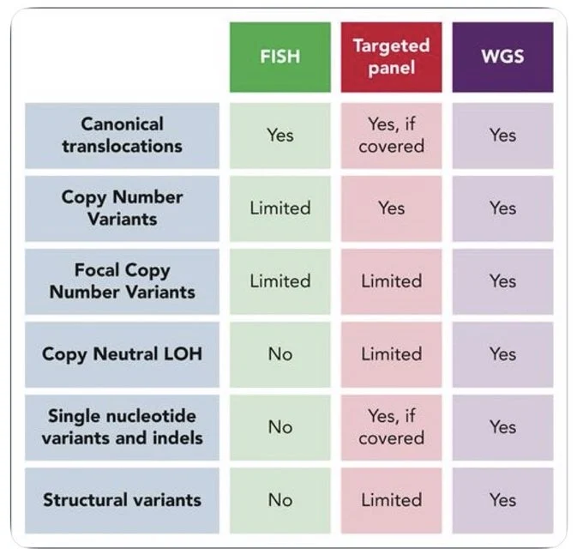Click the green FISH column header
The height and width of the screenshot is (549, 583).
coord(280,57)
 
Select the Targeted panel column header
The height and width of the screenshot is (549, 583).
coord(391,57)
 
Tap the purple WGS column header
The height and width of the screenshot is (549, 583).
coord(502,57)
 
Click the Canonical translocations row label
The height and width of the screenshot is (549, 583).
coord(122,136)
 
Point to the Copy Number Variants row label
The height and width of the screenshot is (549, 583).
coord(122,208)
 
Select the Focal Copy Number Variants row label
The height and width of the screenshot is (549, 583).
coord(122,281)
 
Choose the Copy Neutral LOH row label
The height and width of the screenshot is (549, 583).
coord(122,354)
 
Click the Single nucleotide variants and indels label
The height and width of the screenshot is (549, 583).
coord(122,427)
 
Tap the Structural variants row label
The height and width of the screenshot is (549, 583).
coord(122,500)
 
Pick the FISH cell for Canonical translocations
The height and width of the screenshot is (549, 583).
coord(280,136)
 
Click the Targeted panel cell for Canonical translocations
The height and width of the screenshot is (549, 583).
coord(391,136)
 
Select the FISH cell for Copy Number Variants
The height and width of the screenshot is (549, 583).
coord(280,208)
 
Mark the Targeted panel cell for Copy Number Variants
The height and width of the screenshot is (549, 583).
coord(391,208)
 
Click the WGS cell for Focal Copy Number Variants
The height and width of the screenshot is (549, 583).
coord(502,281)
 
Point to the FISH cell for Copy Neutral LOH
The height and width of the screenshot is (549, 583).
coord(280,354)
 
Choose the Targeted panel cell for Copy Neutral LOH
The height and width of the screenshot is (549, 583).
coord(391,354)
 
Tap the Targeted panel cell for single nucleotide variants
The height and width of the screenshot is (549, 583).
coord(391,427)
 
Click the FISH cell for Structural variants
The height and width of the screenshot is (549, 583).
coord(280,500)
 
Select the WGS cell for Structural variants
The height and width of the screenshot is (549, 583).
coord(502,500)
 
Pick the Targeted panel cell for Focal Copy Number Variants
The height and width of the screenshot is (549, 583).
coord(391,281)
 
